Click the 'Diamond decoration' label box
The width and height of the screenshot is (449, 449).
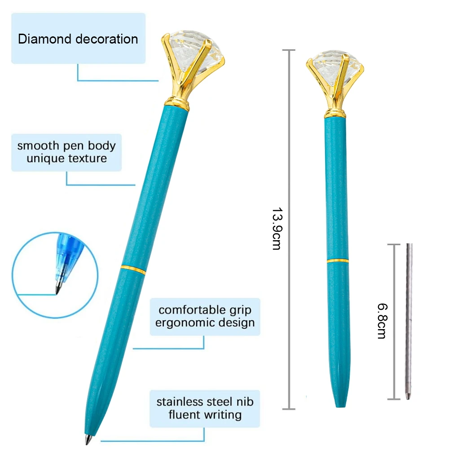[x=78, y=39]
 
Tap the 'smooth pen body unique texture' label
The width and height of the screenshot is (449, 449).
[x=66, y=152]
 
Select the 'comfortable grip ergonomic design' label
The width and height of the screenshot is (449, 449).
[x=205, y=317]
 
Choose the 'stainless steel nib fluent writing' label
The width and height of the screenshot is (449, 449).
[x=205, y=408]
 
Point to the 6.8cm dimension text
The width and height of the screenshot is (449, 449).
[x=382, y=321]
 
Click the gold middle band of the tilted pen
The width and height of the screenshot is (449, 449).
[x=133, y=269]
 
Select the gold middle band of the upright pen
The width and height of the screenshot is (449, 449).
[x=338, y=260]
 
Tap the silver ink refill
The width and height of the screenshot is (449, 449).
[x=409, y=314]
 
